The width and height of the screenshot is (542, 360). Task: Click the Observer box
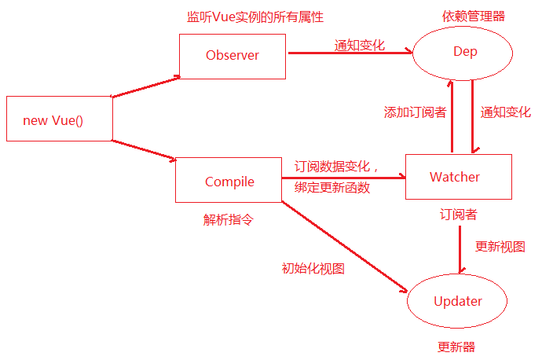[232, 55]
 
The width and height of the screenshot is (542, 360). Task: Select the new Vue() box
[58, 119]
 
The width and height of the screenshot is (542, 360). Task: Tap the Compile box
[229, 181]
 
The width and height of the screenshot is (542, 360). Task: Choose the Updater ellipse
[458, 301]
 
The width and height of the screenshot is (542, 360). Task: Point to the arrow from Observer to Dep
[349, 53]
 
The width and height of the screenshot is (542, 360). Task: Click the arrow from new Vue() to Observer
[147, 86]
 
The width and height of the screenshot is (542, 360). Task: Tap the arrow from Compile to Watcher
[343, 178]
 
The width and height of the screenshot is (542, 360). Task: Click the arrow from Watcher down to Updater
[460, 251]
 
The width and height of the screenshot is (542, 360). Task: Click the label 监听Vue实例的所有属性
[255, 17]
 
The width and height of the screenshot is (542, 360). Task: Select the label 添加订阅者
[415, 112]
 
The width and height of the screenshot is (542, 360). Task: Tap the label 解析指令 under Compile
[229, 220]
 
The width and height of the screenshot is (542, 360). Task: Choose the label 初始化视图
[313, 268]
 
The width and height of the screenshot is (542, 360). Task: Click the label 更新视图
[500, 246]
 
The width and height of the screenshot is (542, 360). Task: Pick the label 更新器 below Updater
[456, 347]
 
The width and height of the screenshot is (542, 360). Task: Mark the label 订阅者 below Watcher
[458, 214]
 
